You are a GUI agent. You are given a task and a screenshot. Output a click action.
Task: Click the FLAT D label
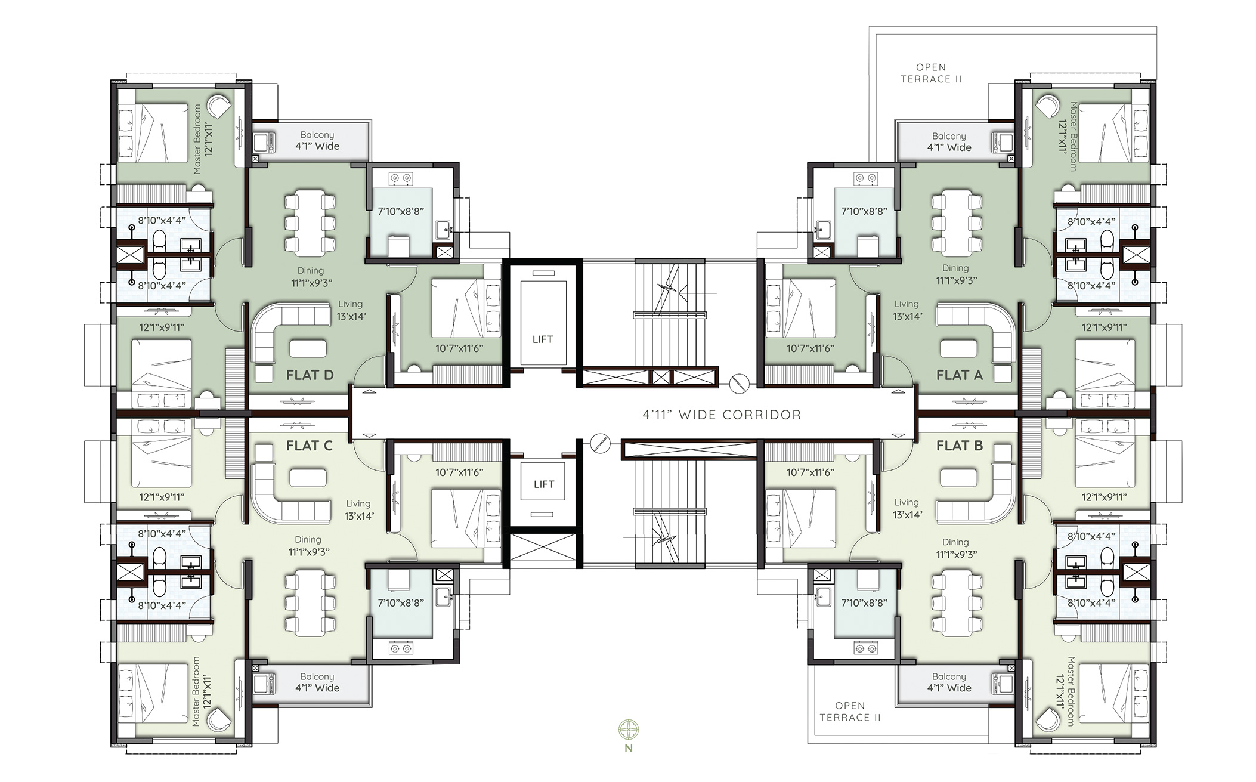310,375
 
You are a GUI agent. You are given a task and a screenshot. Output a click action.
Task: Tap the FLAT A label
959,375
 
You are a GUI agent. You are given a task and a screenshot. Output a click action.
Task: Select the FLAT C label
309,446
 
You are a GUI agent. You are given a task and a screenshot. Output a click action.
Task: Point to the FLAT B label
959,446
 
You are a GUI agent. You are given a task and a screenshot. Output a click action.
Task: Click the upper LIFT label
542,339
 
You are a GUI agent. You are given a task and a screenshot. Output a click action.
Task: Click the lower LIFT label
543,484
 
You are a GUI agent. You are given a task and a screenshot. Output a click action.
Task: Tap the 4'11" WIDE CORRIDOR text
722,415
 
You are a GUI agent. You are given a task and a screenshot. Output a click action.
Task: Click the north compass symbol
629,729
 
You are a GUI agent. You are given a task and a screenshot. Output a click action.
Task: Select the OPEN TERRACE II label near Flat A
930,73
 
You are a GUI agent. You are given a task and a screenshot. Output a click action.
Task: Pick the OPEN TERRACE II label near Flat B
850,712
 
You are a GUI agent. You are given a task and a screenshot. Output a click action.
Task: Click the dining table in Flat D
309,222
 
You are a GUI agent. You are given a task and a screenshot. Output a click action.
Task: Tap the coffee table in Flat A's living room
958,348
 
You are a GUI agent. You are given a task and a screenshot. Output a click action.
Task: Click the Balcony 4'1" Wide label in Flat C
317,682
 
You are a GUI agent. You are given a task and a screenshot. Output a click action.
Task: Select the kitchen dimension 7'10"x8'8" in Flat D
401,211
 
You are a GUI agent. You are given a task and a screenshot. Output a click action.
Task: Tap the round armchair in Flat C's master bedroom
218,720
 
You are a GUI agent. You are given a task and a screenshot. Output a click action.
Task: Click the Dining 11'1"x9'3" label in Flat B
955,548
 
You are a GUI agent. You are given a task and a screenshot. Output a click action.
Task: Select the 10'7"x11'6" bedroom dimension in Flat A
810,348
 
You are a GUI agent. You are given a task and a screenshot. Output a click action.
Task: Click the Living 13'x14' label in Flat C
358,510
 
